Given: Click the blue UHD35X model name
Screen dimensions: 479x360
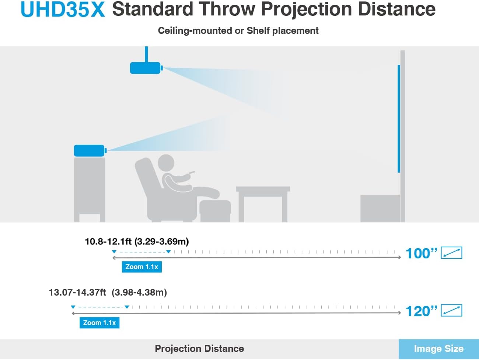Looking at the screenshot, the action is tap(63, 9).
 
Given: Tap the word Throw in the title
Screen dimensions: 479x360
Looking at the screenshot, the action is tap(227, 9).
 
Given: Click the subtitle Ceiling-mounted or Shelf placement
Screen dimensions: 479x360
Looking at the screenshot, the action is tap(238, 31).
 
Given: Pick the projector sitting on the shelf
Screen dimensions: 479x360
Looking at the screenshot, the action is tap(90, 150).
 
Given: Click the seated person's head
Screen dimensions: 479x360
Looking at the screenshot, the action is tap(166, 163).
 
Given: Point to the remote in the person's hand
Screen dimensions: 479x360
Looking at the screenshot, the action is tap(192, 172).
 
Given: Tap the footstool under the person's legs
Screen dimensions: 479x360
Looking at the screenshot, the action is tap(215, 211).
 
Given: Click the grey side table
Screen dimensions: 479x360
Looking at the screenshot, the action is tap(263, 204).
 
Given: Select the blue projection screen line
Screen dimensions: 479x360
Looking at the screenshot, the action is tap(399, 119).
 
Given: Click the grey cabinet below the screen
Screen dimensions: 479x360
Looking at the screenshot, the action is tap(380, 209).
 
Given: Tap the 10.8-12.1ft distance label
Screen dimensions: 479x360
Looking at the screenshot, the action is tap(137, 241).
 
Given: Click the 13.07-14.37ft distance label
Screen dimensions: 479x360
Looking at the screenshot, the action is tap(108, 292).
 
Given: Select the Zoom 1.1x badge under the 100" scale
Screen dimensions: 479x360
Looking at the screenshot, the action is tap(142, 267).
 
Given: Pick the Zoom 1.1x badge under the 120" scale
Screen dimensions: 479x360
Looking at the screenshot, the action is tap(99, 322).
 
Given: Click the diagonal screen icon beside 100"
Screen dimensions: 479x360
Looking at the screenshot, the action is tap(451, 253).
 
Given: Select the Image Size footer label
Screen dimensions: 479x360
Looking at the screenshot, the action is tap(438, 349).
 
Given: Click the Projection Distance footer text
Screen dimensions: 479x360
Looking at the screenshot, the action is tap(199, 349).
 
